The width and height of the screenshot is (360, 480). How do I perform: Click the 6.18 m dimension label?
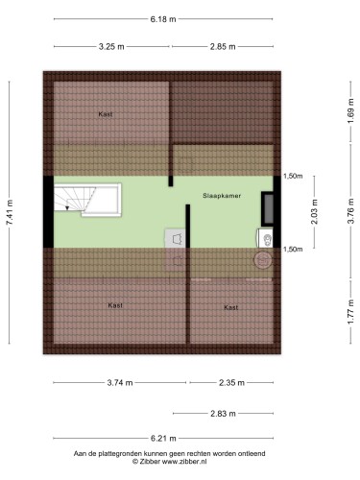pyautogui.click(x=163, y=19)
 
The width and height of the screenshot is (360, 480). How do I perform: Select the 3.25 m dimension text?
pyautogui.click(x=111, y=47)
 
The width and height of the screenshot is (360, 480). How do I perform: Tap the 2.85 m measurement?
pyautogui.click(x=223, y=47)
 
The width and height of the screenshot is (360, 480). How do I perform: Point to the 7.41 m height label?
pyautogui.click(x=10, y=212)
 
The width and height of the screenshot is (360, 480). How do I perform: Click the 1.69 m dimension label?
pyautogui.click(x=351, y=110)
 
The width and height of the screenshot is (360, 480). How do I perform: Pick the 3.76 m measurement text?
pyautogui.click(x=351, y=211)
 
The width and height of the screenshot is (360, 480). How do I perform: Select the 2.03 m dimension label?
pyautogui.click(x=315, y=211)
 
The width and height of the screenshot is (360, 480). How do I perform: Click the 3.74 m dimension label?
pyautogui.click(x=120, y=383)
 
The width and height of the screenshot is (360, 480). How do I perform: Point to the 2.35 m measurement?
pyautogui.click(x=231, y=383)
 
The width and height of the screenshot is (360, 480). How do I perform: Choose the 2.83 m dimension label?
pyautogui.click(x=223, y=414)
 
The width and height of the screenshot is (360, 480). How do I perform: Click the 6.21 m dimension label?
pyautogui.click(x=163, y=439)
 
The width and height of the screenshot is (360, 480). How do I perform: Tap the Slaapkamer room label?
pyautogui.click(x=222, y=196)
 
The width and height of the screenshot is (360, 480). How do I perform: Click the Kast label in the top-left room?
pyautogui.click(x=106, y=114)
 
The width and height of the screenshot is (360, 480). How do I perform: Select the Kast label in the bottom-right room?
pyautogui.click(x=231, y=307)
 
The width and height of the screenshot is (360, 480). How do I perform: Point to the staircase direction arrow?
pyautogui.click(x=67, y=208)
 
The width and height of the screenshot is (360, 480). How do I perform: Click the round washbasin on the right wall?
pyautogui.click(x=264, y=260)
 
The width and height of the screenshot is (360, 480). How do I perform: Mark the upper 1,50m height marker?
pyautogui.click(x=293, y=176)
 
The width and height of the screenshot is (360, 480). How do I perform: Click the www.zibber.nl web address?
pyautogui.click(x=184, y=462)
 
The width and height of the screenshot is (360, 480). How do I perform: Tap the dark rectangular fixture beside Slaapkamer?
pyautogui.click(x=268, y=208)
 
